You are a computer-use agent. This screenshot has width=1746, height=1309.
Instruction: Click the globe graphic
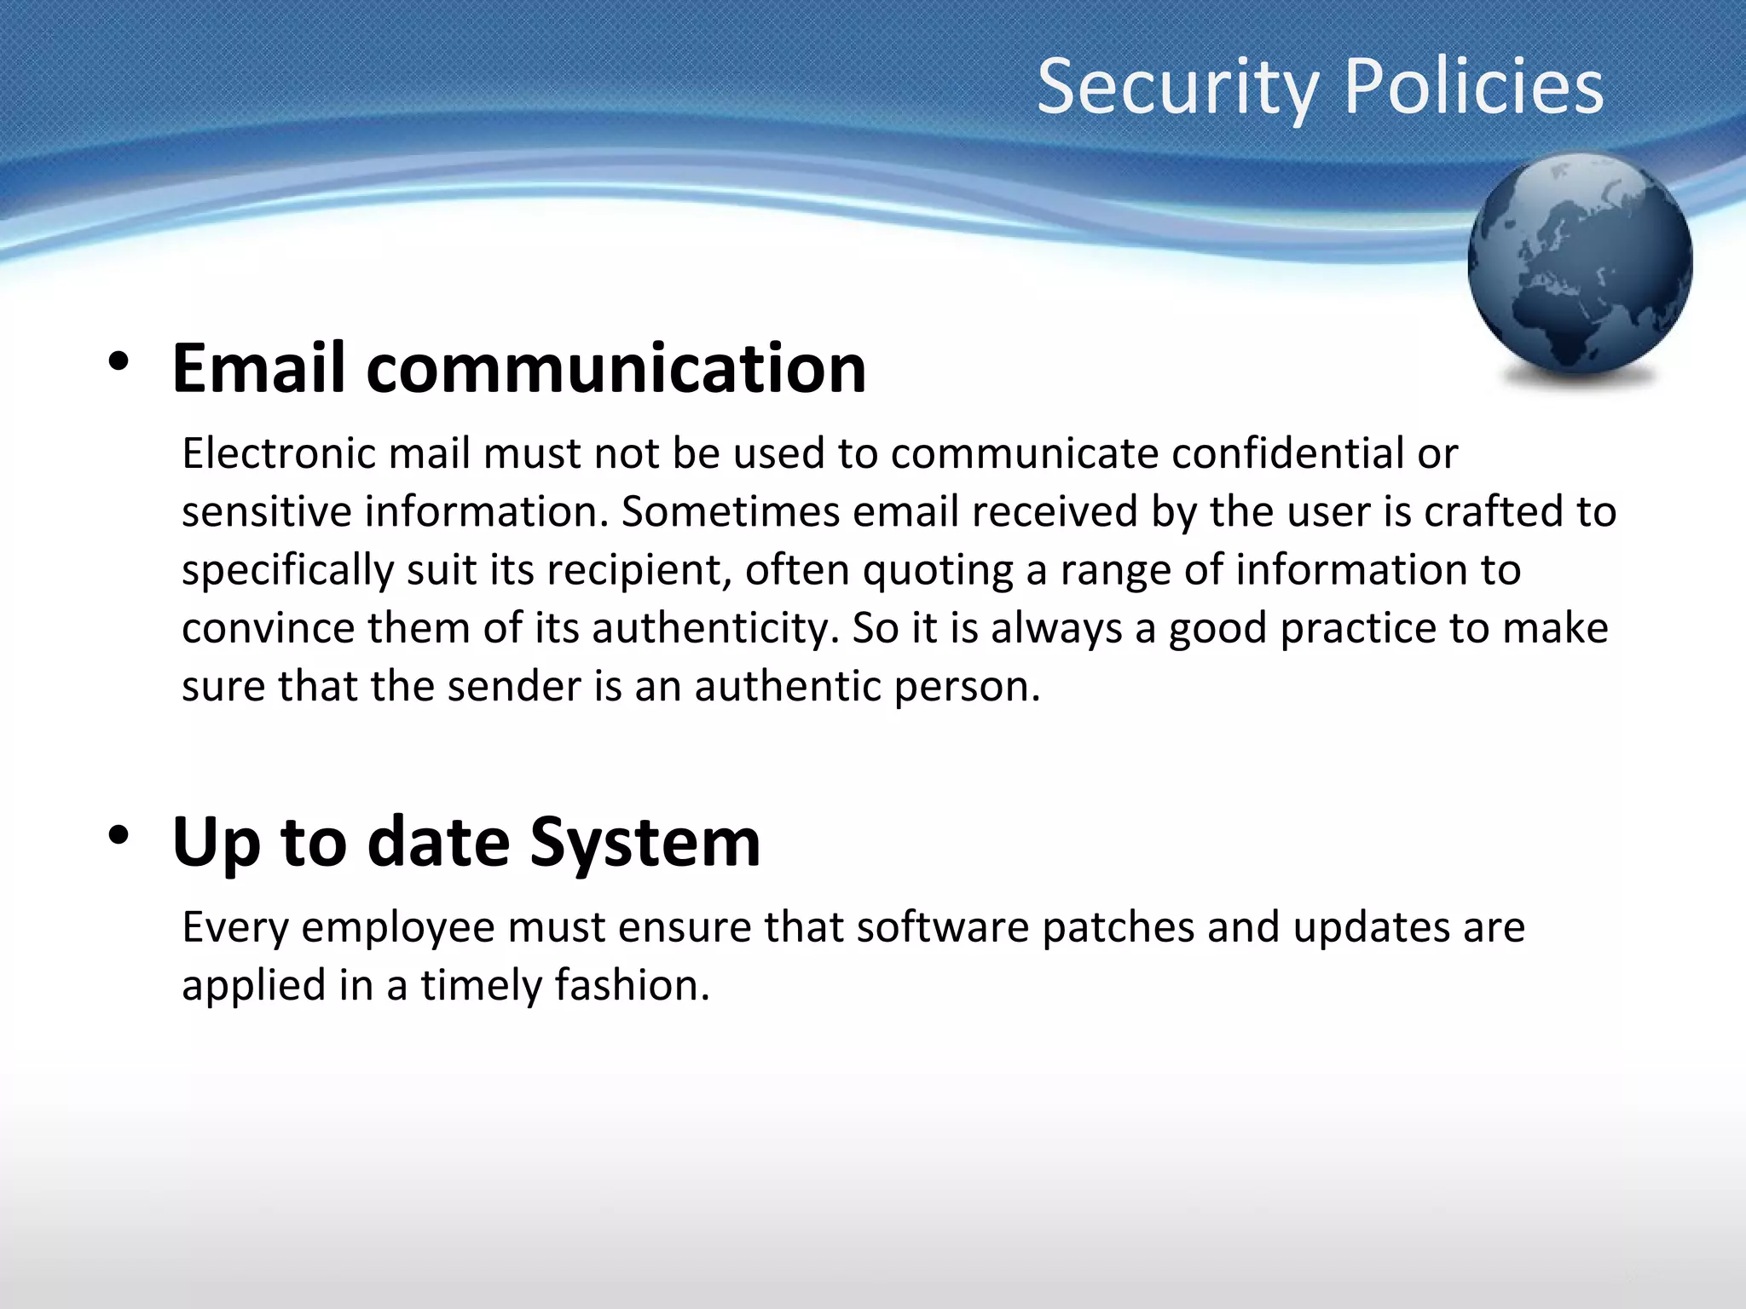(x=1580, y=264)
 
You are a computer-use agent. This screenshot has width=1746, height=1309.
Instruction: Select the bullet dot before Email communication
(x=119, y=362)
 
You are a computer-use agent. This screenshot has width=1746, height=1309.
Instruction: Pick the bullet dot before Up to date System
(x=119, y=835)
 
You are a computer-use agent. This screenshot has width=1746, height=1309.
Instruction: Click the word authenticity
(x=709, y=628)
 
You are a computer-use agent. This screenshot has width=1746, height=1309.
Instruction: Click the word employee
(x=398, y=928)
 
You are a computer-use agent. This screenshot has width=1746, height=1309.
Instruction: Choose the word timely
(x=481, y=986)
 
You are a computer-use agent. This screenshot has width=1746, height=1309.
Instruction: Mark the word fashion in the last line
(x=631, y=985)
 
